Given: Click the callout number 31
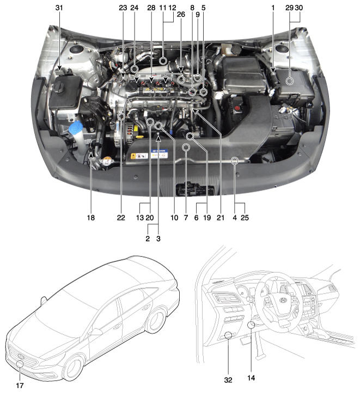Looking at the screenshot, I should click(x=59, y=8).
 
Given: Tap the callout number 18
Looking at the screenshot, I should click(x=90, y=218).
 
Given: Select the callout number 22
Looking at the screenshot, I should click(x=120, y=218).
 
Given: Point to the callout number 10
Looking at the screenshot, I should click(x=174, y=218).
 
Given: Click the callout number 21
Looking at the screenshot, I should click(x=221, y=218).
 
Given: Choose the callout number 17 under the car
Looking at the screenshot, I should click(x=20, y=385).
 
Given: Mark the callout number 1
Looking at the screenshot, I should click(x=273, y=8).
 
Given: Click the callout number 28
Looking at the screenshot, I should click(x=151, y=8).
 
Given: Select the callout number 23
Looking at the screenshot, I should click(x=122, y=8).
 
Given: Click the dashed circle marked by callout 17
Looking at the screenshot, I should click(x=20, y=365).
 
